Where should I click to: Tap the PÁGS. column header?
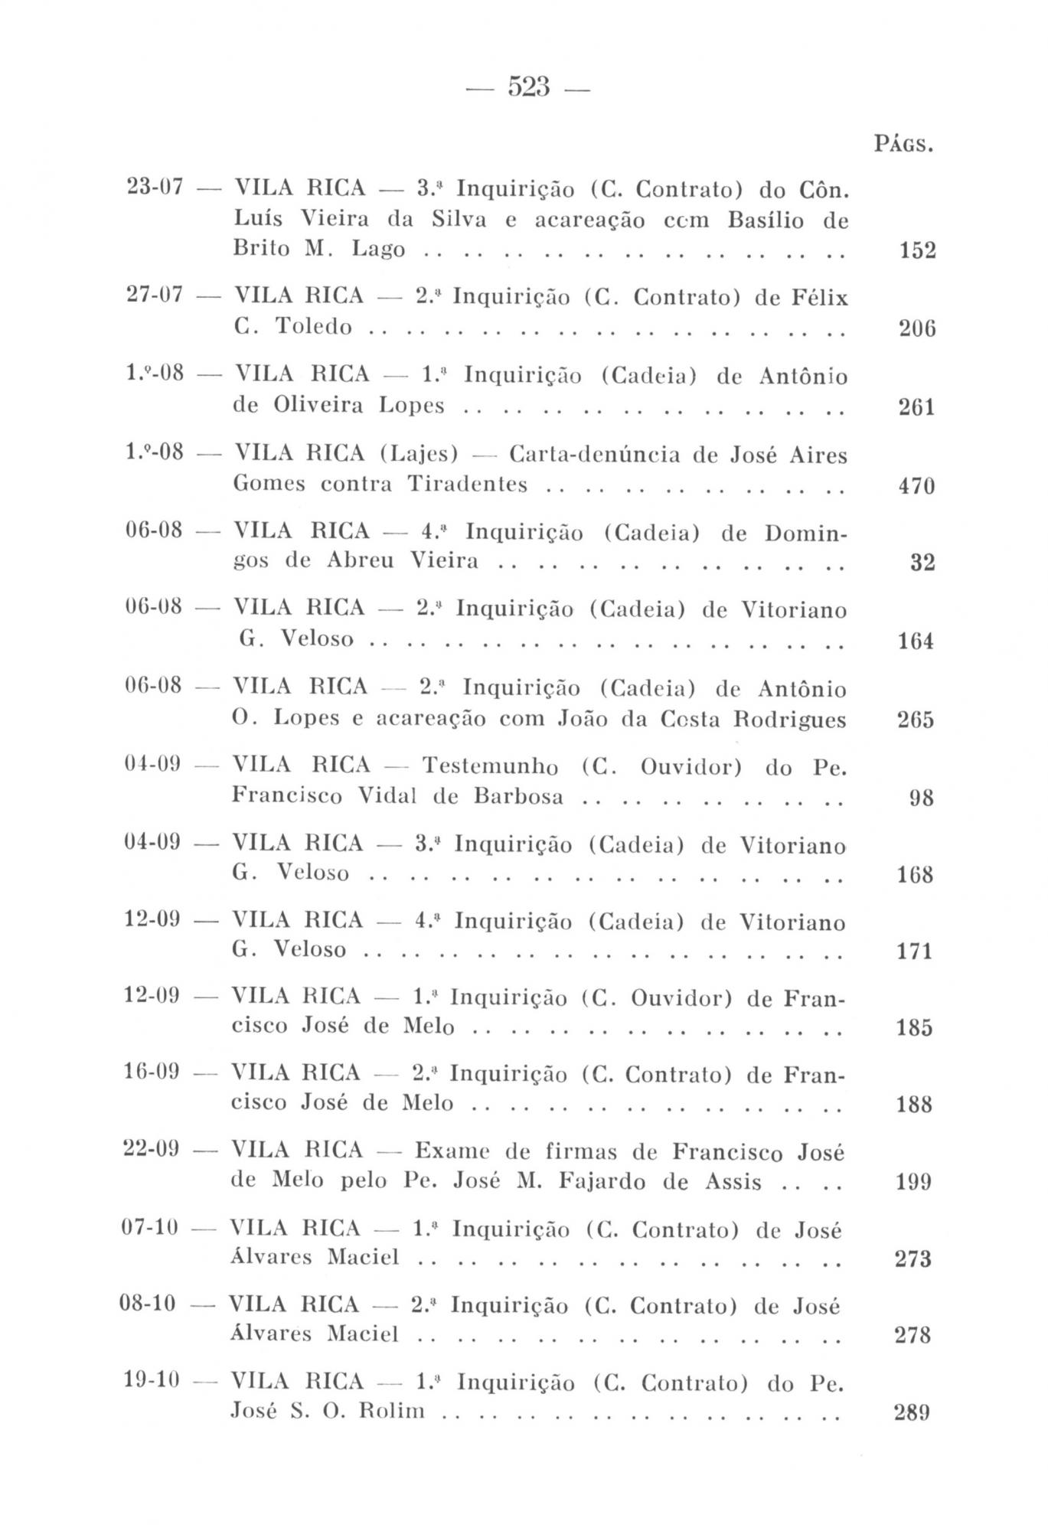(x=903, y=144)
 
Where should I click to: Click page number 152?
(x=916, y=251)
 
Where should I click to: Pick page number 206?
(x=916, y=329)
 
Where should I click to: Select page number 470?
(x=916, y=486)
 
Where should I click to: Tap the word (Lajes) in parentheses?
(x=419, y=455)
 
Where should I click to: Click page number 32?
(x=922, y=563)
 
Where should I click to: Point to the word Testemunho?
(x=490, y=766)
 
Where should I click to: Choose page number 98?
(x=922, y=798)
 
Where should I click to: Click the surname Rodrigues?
(x=799, y=720)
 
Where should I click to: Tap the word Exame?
(x=452, y=1151)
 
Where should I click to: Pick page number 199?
(x=913, y=1183)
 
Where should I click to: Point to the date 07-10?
(x=150, y=1228)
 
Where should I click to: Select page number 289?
(x=913, y=1412)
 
